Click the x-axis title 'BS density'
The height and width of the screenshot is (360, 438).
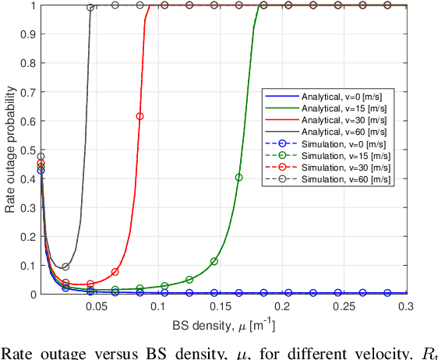coord(221,324)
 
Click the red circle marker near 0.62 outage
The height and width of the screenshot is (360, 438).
coord(140,116)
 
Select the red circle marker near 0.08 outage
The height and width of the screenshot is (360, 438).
coord(115,272)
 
